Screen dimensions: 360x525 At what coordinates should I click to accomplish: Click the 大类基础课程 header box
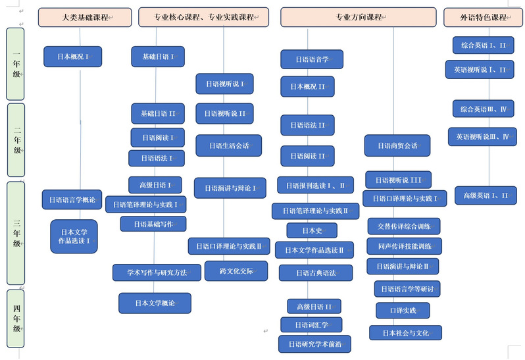pos(86,17)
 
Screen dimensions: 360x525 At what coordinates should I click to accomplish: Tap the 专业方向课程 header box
pos(359,17)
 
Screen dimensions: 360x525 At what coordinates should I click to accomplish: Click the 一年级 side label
pos(16,63)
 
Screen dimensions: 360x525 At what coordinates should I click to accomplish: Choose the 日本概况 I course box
pos(73,57)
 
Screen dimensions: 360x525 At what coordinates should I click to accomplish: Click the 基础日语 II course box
pos(158,113)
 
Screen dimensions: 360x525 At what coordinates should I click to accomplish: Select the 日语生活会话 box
pos(228,145)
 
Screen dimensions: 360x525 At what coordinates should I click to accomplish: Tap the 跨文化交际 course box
pos(236,270)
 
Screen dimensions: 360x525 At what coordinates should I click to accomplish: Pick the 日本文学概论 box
pos(155,303)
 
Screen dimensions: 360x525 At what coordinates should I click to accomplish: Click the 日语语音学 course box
pos(312,59)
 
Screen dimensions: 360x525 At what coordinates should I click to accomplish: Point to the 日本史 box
pos(312,230)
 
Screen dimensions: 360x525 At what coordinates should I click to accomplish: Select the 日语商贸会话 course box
pos(397,145)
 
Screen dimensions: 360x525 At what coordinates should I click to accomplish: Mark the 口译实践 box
pos(402,310)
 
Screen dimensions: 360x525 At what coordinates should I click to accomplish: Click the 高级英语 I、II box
pos(486,195)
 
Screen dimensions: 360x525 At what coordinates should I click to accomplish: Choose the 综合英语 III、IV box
pos(483,109)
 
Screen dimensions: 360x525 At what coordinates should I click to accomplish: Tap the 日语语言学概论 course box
pos(72,199)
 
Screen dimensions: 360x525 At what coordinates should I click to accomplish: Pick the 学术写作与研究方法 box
pos(157,272)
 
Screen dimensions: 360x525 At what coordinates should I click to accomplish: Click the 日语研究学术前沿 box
pos(314,344)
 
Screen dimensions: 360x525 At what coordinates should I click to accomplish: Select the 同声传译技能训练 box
pos(404,246)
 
